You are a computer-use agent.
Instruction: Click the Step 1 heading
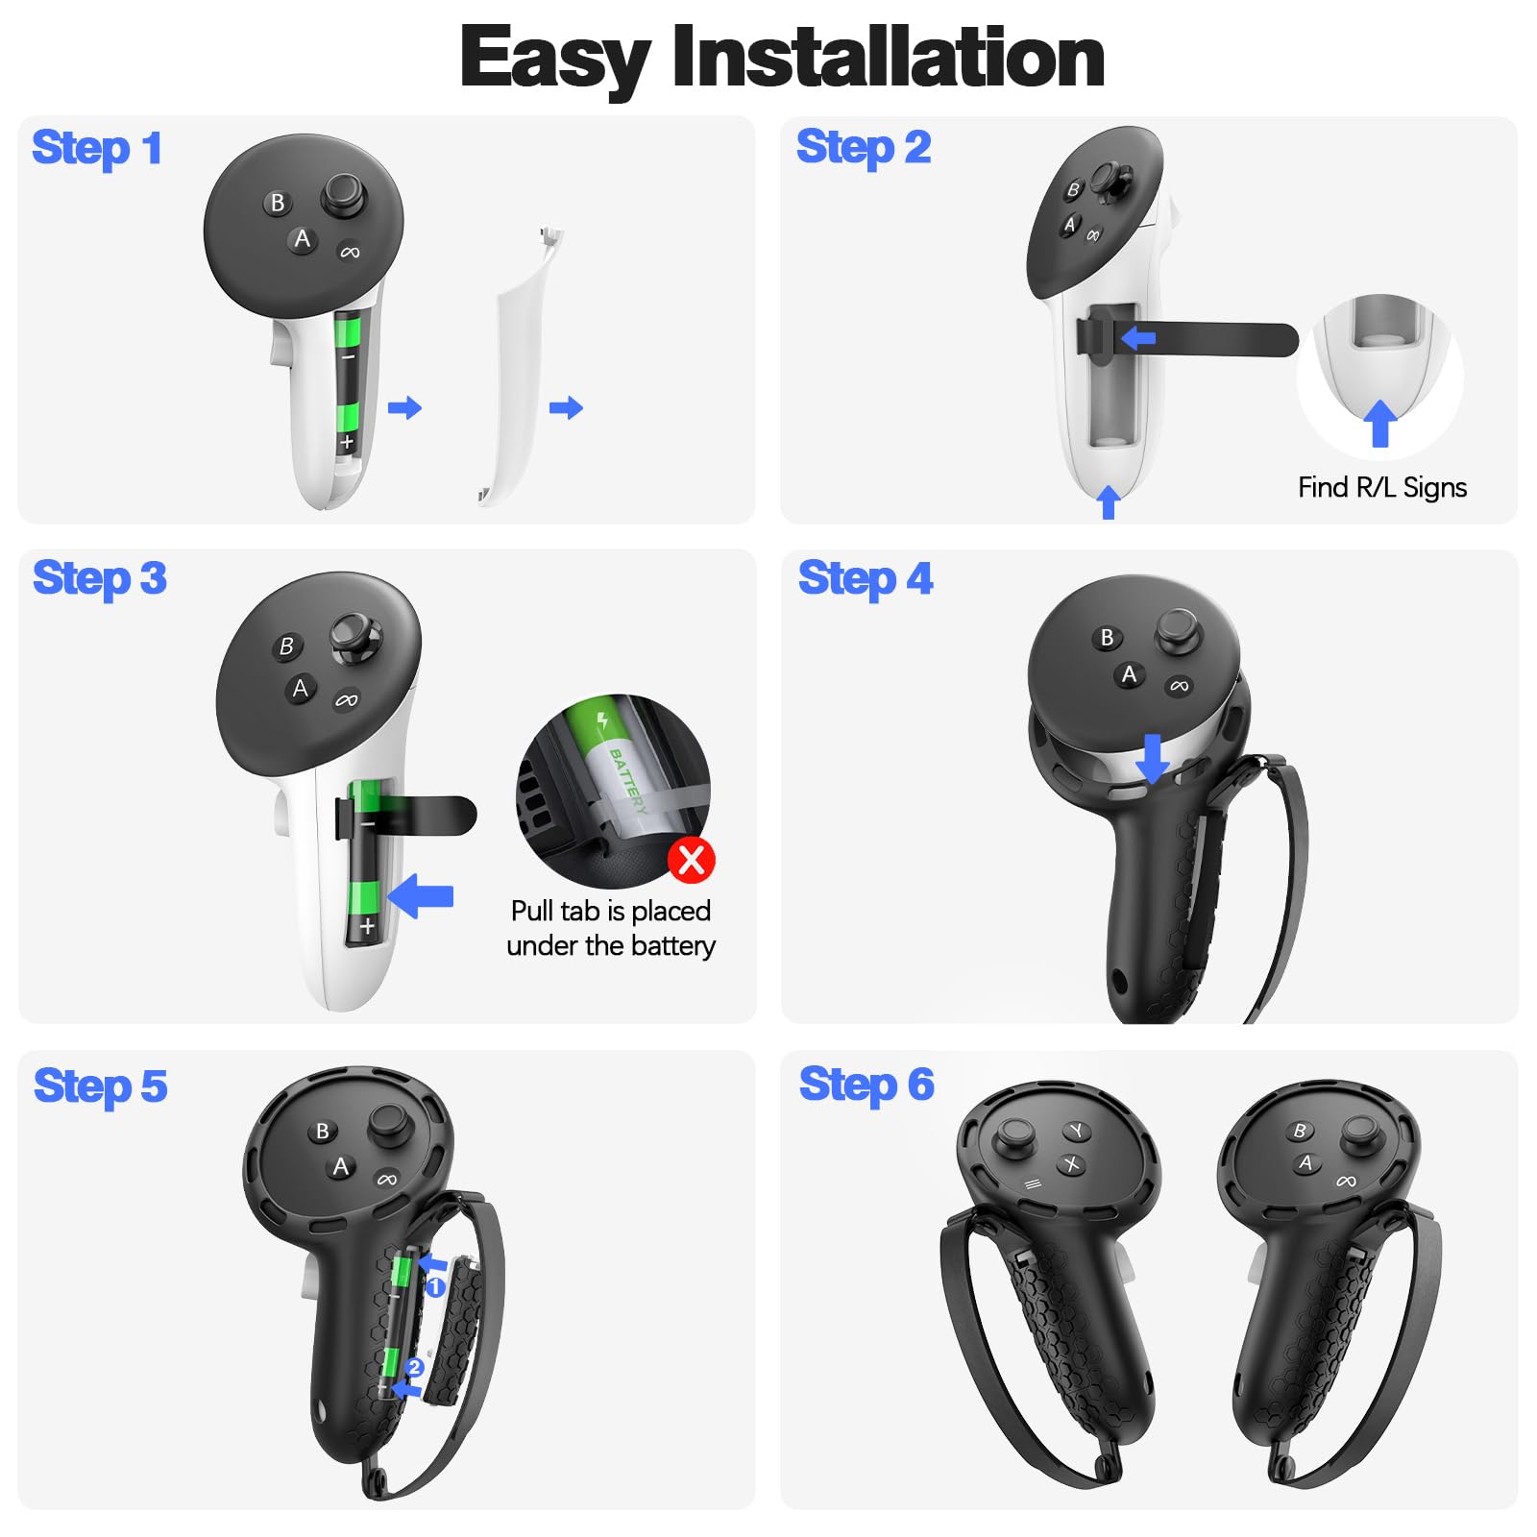click(x=96, y=149)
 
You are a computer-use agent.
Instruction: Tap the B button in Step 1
click(x=278, y=203)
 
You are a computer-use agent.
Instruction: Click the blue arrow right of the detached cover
click(x=566, y=407)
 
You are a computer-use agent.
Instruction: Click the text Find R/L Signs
click(x=1381, y=488)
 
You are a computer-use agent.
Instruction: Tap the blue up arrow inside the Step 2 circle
click(x=1380, y=423)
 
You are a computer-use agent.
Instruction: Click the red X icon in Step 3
click(x=692, y=859)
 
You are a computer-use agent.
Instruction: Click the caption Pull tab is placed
click(x=611, y=911)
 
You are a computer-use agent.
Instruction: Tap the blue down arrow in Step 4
click(x=1152, y=758)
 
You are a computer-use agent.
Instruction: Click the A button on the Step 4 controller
click(x=1129, y=674)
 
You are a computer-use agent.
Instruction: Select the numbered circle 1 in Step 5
click(x=435, y=1287)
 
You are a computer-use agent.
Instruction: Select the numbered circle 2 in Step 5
click(x=414, y=1367)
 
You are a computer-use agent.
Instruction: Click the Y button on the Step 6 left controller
click(x=1077, y=1131)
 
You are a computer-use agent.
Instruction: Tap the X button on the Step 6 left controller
click(x=1071, y=1164)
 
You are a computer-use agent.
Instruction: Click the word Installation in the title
click(x=888, y=58)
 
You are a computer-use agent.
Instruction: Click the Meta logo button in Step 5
click(x=387, y=1180)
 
